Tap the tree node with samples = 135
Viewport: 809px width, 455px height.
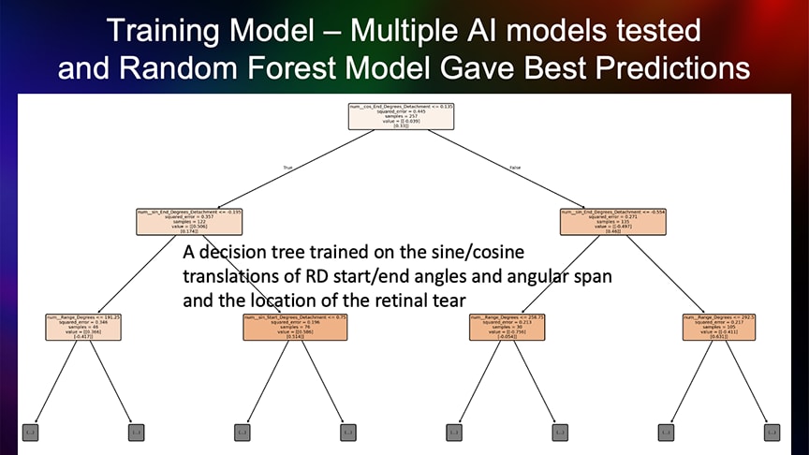pos(612,221)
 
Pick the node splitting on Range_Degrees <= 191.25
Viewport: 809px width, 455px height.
pos(82,326)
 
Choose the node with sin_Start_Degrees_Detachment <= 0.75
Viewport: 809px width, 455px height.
pos(294,326)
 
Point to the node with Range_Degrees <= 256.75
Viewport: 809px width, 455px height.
pos(507,326)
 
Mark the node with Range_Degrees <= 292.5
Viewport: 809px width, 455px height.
pos(719,326)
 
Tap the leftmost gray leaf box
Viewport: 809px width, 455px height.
pos(30,433)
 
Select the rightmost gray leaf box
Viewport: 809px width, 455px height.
pos(772,433)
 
